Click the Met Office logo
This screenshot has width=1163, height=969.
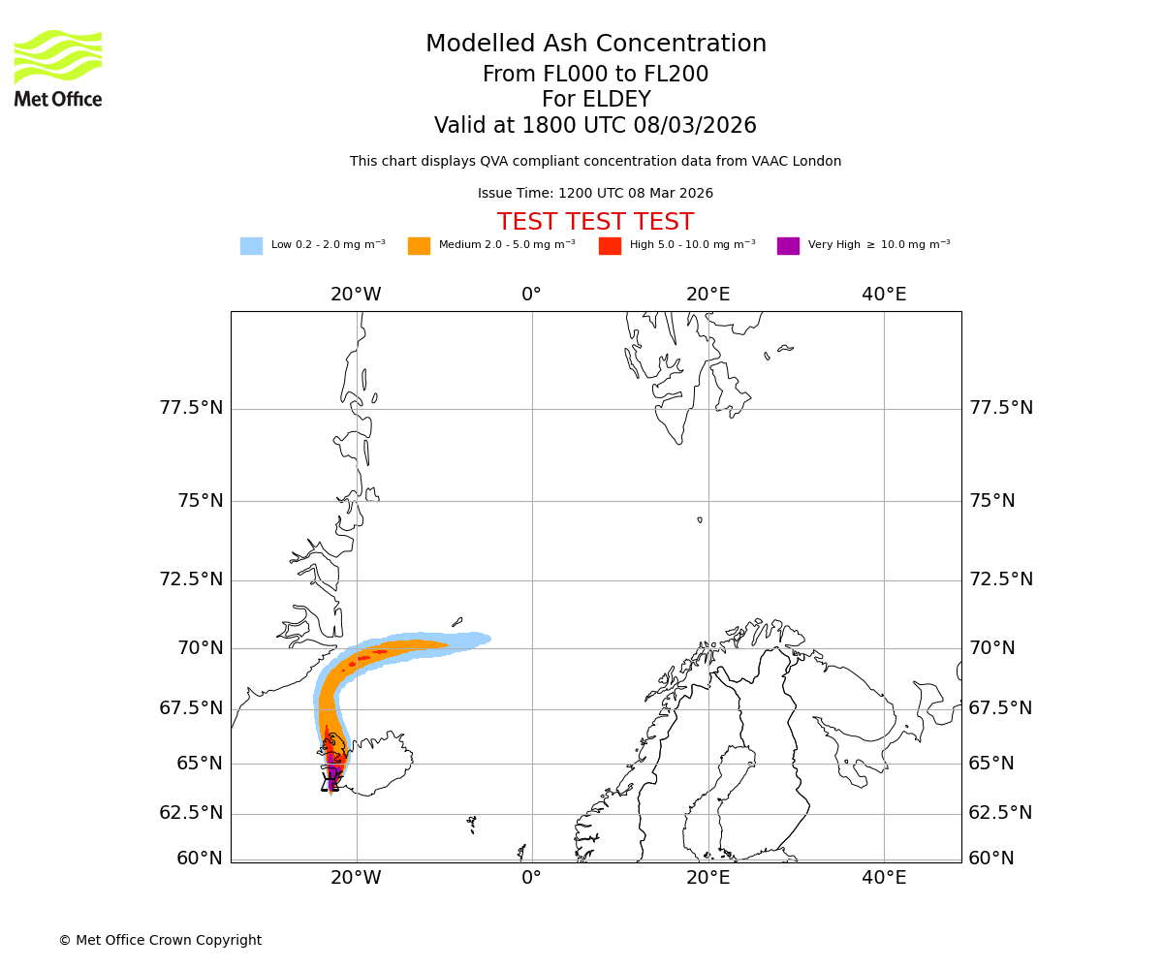tap(58, 68)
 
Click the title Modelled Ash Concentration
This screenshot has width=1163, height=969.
tap(596, 45)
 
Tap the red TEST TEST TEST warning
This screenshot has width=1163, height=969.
tap(595, 222)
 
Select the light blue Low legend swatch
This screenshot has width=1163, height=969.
tap(251, 246)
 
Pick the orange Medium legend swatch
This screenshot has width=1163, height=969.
tap(419, 246)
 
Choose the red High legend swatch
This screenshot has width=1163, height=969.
tap(610, 246)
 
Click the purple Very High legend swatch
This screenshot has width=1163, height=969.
tap(788, 246)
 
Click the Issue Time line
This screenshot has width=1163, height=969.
tap(595, 194)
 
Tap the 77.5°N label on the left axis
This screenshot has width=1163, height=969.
tap(191, 408)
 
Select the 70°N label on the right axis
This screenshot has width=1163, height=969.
tap(992, 648)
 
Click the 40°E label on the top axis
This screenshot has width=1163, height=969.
tap(884, 295)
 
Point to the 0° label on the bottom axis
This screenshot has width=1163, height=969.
tap(531, 878)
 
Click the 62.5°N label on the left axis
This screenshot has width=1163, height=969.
tap(191, 813)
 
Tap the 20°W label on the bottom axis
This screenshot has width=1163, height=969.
tap(356, 878)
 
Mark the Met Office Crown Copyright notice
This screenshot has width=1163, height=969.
tap(160, 941)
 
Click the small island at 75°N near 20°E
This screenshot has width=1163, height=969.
tap(700, 520)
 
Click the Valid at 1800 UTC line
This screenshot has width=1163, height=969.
tap(595, 126)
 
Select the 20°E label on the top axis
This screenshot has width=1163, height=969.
tap(707, 295)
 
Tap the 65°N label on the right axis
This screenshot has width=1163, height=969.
tap(992, 764)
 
